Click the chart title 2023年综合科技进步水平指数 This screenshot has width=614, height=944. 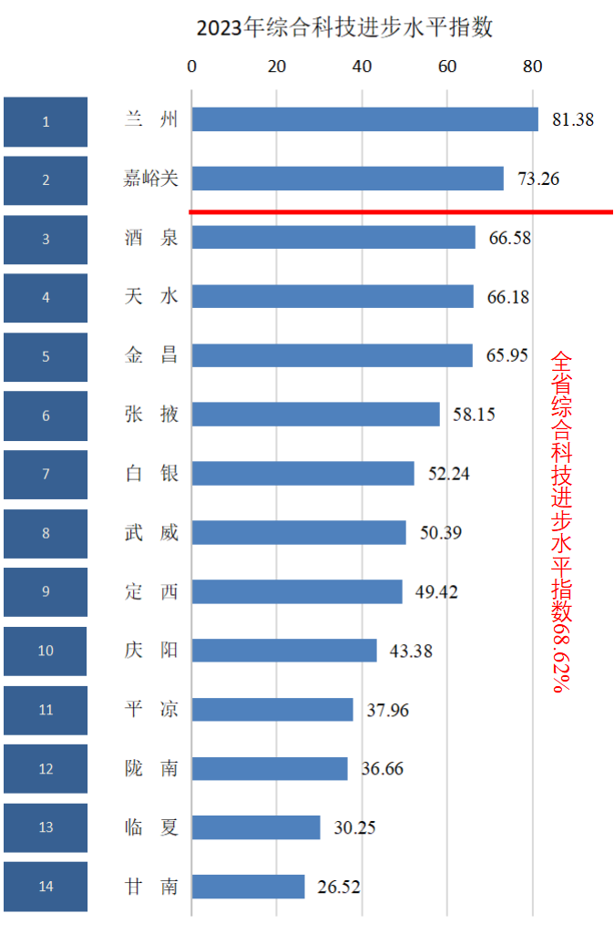pos(344,27)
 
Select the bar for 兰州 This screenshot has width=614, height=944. pos(364,119)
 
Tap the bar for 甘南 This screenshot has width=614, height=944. pos(248,887)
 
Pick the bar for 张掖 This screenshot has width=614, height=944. pos(315,415)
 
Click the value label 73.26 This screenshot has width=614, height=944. pos(538,179)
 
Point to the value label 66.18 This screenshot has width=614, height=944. pos(508,297)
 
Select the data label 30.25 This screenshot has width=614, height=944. pos(354,827)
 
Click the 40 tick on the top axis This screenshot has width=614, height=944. pos(362,66)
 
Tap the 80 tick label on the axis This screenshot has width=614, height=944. pos(532,66)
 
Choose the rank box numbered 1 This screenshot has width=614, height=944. pos(46,121)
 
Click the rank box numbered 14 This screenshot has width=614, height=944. pos(46,887)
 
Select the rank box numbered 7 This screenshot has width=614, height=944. pos(46,474)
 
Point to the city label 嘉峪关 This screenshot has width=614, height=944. pos(151,179)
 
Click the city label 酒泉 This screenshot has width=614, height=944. pos(151,238)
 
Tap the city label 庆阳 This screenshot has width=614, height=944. pos(151,651)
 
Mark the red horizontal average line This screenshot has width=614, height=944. pos(401,212)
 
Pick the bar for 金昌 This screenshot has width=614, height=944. pos(332,355)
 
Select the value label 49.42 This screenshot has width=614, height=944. pos(437,592)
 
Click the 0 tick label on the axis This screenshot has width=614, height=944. pos(191,66)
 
